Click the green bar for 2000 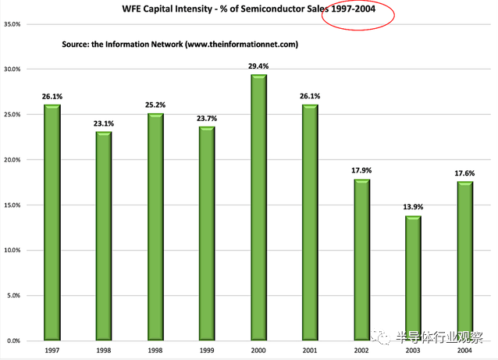coord(259,208)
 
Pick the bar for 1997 coord(52,223)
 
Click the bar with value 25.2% coord(155,226)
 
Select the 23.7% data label coord(207,117)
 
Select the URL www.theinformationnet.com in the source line coord(240,45)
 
